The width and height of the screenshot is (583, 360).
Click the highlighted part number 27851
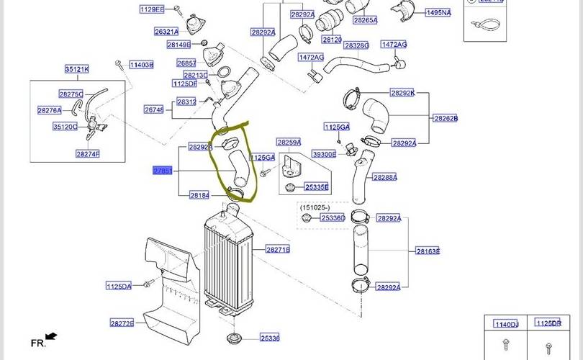point(163,171)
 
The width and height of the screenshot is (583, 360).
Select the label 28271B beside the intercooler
point(277,250)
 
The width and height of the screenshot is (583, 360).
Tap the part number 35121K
point(76,69)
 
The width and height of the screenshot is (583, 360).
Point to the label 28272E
point(122,323)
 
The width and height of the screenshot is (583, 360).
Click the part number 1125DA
point(119,286)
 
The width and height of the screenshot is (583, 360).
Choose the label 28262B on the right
point(444,118)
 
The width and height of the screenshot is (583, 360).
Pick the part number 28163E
point(428,251)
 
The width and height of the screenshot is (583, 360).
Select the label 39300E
point(324,154)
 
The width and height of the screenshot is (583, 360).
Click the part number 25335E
point(316,187)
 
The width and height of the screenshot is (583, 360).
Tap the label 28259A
point(289,143)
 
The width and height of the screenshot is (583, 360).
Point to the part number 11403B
point(141,65)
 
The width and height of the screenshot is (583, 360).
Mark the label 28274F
point(87,153)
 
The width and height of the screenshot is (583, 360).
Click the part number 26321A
point(166,32)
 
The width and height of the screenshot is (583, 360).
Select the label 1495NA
point(438,13)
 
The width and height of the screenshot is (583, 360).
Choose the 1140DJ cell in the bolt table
point(505,324)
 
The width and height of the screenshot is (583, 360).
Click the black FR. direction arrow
point(51,336)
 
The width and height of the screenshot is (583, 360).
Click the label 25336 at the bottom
point(270,338)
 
